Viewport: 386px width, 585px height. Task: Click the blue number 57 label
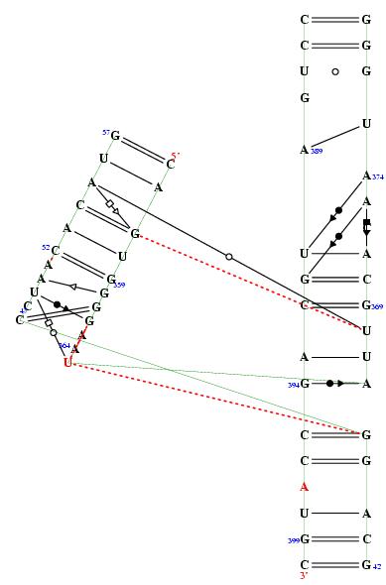[105, 132]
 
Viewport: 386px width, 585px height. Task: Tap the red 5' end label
[176, 156]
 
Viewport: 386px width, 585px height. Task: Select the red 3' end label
[305, 576]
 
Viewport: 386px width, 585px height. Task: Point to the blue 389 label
[317, 152]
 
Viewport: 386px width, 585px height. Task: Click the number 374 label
[378, 176]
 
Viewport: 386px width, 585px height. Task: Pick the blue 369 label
[378, 307]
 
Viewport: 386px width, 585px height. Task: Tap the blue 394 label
[293, 385]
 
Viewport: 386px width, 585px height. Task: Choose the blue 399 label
[293, 540]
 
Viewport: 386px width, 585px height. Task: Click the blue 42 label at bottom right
[377, 567]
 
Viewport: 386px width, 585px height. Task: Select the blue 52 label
[46, 247]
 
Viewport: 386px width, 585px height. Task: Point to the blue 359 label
[119, 286]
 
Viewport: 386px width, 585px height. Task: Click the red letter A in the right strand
[305, 487]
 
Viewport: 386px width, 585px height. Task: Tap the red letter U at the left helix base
[67, 363]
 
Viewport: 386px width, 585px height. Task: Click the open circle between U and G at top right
[335, 71]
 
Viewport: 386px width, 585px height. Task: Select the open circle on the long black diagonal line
[229, 257]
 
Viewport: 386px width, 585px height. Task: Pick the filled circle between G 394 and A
[329, 383]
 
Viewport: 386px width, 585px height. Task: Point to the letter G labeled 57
[115, 136]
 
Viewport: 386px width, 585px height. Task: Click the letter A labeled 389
[305, 150]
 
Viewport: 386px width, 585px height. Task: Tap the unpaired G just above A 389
[305, 98]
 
